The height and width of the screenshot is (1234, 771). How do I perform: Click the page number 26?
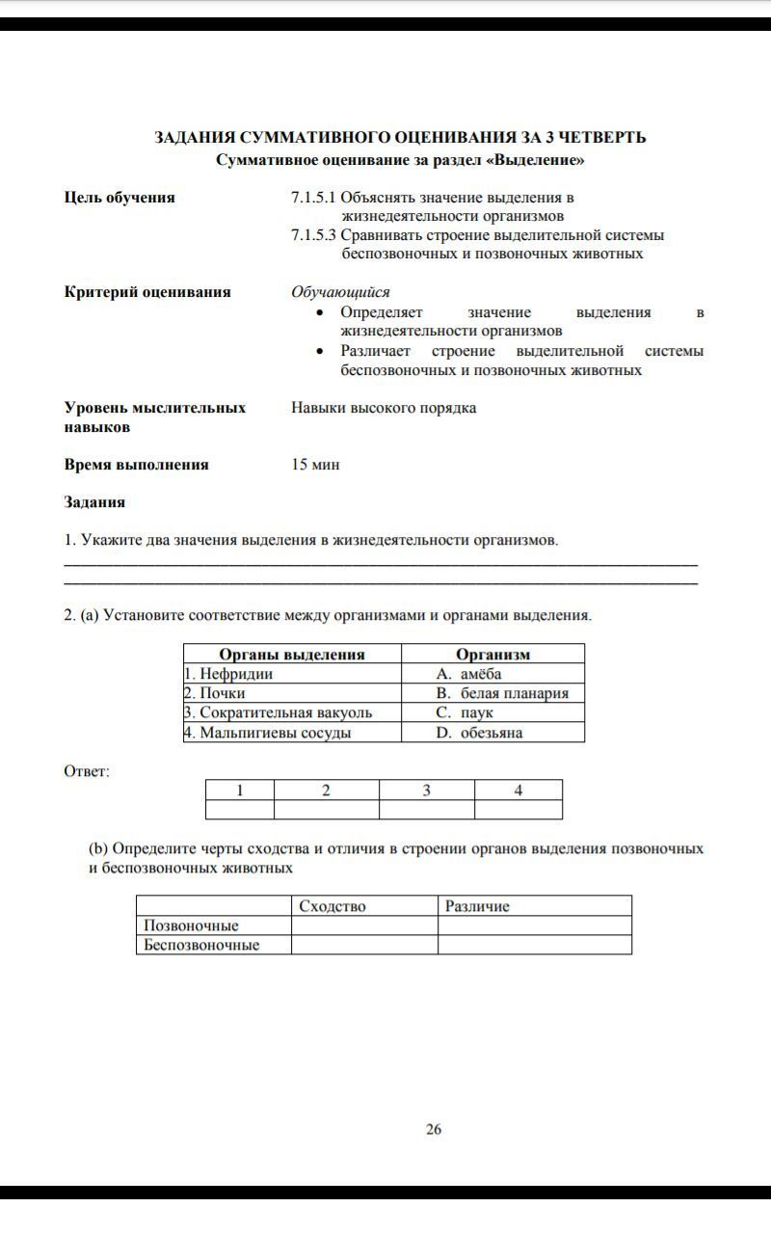click(434, 1129)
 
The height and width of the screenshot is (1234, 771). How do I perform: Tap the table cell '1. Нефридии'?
click(229, 674)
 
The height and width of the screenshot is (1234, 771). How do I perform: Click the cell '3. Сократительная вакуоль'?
click(279, 712)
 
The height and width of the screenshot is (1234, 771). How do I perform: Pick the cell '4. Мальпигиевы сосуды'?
click(268, 733)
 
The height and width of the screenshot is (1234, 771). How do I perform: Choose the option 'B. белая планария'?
click(501, 693)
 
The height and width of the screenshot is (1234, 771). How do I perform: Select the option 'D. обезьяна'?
click(479, 733)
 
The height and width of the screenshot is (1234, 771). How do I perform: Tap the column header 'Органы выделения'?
click(292, 655)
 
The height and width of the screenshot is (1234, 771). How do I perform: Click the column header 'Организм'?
click(492, 655)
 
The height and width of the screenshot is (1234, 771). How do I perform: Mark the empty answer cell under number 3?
click(426, 810)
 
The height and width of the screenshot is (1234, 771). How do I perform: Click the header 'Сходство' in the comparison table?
click(332, 906)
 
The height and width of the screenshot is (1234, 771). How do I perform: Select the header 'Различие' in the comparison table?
click(477, 906)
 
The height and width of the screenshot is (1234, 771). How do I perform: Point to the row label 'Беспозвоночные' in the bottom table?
click(202, 945)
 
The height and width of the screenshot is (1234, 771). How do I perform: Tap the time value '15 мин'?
click(315, 465)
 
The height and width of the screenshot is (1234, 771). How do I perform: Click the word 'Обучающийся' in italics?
click(340, 292)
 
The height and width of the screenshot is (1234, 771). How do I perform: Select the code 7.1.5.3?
click(313, 235)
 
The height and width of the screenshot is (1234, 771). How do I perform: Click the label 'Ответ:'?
click(87, 771)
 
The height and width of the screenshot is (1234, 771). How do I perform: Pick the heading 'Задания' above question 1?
click(94, 502)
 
